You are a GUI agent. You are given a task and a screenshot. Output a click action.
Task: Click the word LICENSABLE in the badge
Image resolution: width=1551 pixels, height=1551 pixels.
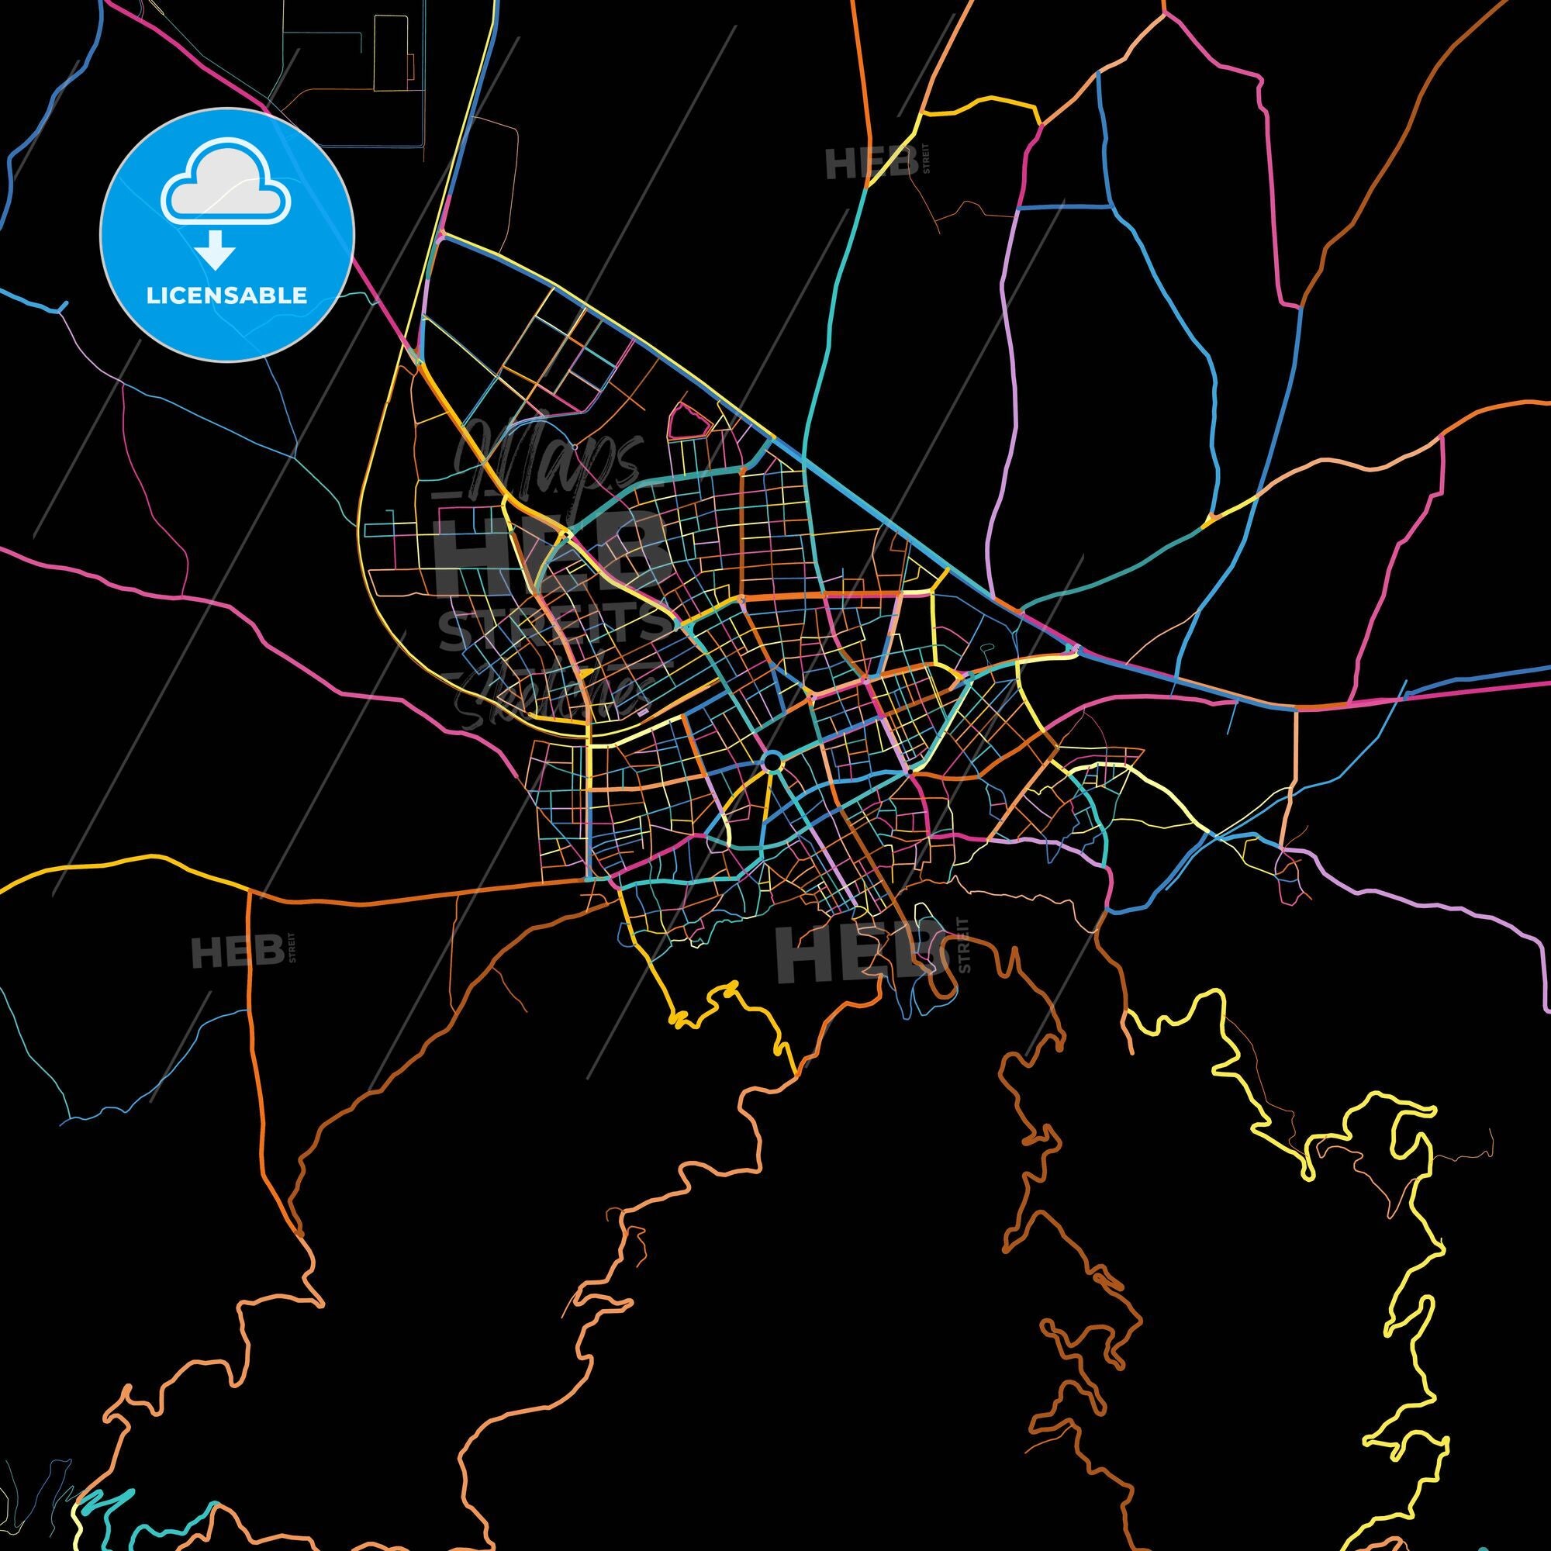pyautogui.click(x=226, y=295)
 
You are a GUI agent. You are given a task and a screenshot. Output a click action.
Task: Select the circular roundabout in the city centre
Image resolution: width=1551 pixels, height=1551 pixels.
pyautogui.click(x=772, y=760)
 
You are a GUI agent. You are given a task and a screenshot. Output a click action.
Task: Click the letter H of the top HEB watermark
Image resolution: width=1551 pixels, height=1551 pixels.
pyautogui.click(x=840, y=164)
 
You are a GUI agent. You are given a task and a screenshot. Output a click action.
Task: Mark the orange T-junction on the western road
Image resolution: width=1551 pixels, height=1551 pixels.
pyautogui.click(x=249, y=893)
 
